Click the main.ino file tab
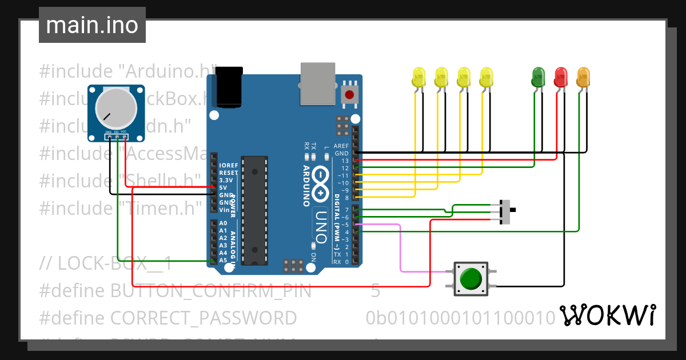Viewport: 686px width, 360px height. (92, 25)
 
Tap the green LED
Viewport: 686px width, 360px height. (538, 77)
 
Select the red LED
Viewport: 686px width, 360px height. (561, 77)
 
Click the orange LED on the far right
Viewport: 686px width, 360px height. (583, 77)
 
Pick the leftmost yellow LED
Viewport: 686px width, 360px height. (418, 77)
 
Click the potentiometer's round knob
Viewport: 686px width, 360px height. (116, 108)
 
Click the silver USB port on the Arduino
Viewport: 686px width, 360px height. (318, 84)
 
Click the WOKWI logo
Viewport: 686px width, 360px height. (607, 315)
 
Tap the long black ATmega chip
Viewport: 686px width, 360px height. (254, 210)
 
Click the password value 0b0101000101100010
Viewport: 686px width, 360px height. (461, 317)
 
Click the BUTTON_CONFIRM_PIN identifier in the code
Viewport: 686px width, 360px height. (211, 291)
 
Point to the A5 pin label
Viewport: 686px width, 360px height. (223, 260)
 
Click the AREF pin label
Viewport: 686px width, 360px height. (341, 146)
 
